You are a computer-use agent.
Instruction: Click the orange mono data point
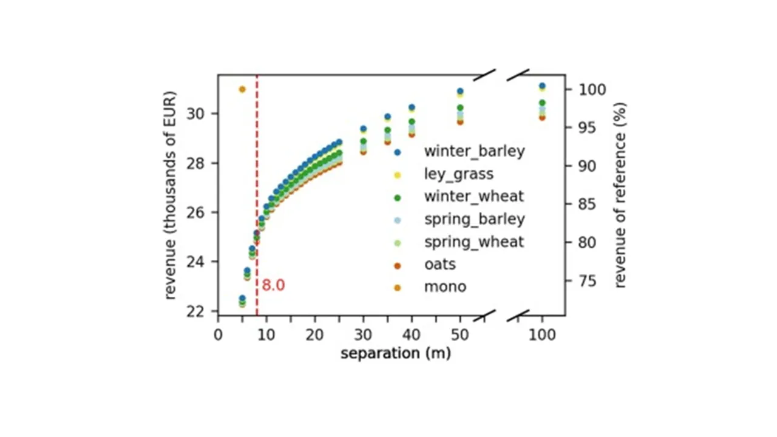[242, 89]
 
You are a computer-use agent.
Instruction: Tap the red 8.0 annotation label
[273, 285]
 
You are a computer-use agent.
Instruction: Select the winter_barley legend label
[474, 151]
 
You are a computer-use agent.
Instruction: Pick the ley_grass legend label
[458, 174]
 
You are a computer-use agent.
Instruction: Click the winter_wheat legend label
[473, 197]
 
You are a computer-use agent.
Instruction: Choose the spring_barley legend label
[474, 219]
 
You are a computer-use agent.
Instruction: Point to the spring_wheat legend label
[473, 242]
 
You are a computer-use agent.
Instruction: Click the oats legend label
[439, 265]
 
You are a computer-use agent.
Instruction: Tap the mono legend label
[445, 286]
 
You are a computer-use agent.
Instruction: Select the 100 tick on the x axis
[542, 335]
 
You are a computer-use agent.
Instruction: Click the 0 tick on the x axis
[219, 335]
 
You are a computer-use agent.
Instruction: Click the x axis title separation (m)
[395, 353]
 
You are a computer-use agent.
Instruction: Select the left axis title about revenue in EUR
[171, 195]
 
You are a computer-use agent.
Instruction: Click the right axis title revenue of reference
[620, 195]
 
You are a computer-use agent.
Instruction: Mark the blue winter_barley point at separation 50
[460, 91]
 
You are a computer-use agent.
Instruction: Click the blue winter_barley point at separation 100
[542, 86]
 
